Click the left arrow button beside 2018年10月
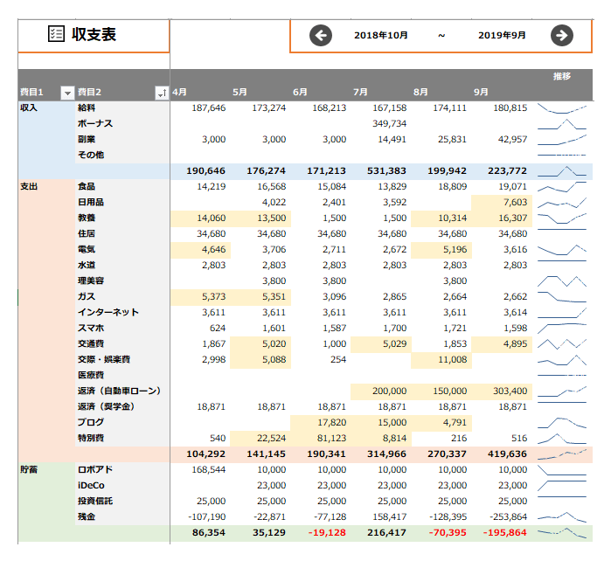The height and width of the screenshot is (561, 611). (321, 36)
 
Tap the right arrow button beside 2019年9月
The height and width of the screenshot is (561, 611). (562, 36)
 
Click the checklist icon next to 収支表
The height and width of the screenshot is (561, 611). (56, 34)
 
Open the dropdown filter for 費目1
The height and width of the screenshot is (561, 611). (67, 93)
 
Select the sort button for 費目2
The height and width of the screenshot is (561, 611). (162, 93)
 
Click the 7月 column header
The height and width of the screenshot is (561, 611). (360, 92)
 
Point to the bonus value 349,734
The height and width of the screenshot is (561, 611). (389, 123)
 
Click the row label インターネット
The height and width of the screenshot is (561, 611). (108, 313)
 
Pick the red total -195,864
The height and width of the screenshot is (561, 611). (505, 532)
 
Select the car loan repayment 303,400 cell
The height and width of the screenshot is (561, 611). (510, 391)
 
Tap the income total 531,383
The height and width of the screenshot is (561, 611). (386, 170)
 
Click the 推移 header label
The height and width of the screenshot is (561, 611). (562, 76)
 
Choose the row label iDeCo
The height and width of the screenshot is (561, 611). (91, 486)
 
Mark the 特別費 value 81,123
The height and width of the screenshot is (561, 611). (331, 439)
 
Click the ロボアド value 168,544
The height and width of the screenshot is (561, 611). (208, 470)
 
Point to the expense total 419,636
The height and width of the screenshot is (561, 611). (507, 454)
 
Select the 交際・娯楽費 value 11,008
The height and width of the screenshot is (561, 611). (453, 360)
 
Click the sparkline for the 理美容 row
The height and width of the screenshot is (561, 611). (562, 281)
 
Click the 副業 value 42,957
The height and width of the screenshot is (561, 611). (512, 140)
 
